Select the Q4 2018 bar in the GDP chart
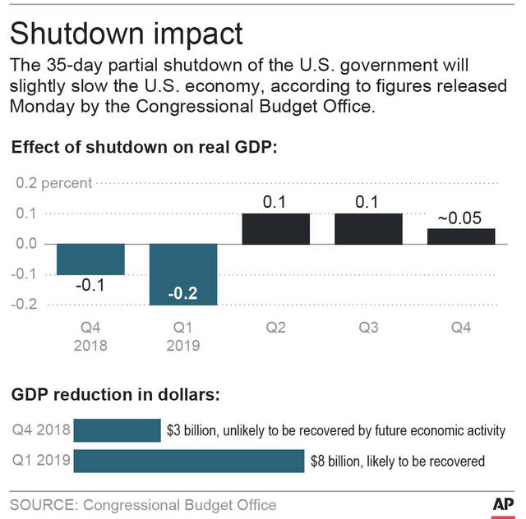pyautogui.click(x=90, y=259)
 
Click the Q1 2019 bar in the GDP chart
pyautogui.click(x=183, y=274)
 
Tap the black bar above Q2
pyautogui.click(x=276, y=228)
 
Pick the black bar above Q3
pyautogui.click(x=369, y=228)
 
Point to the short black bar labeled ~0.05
pyautogui.click(x=461, y=237)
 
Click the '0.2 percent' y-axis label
pyautogui.click(x=54, y=183)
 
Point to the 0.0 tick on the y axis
pyautogui.click(x=27, y=244)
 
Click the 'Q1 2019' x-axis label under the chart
pyautogui.click(x=183, y=336)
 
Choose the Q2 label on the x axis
pyautogui.click(x=276, y=327)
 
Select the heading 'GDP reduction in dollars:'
pyautogui.click(x=116, y=394)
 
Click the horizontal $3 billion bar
pyautogui.click(x=117, y=430)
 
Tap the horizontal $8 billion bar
pyautogui.click(x=189, y=461)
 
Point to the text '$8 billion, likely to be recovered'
pyautogui.click(x=398, y=461)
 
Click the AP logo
pyautogui.click(x=503, y=504)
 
